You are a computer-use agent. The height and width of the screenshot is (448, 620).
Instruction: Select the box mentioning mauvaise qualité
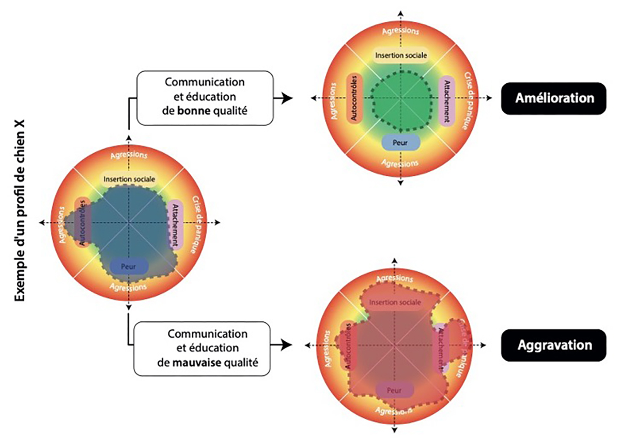202,348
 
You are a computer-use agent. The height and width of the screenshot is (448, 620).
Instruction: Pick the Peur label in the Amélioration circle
400,141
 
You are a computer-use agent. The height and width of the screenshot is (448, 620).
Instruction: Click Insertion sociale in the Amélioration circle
400,55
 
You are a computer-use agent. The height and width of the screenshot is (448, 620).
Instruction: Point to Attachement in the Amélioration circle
445,100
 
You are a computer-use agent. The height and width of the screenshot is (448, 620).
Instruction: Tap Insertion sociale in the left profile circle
129,180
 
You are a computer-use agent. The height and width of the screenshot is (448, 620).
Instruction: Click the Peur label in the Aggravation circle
394,390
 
